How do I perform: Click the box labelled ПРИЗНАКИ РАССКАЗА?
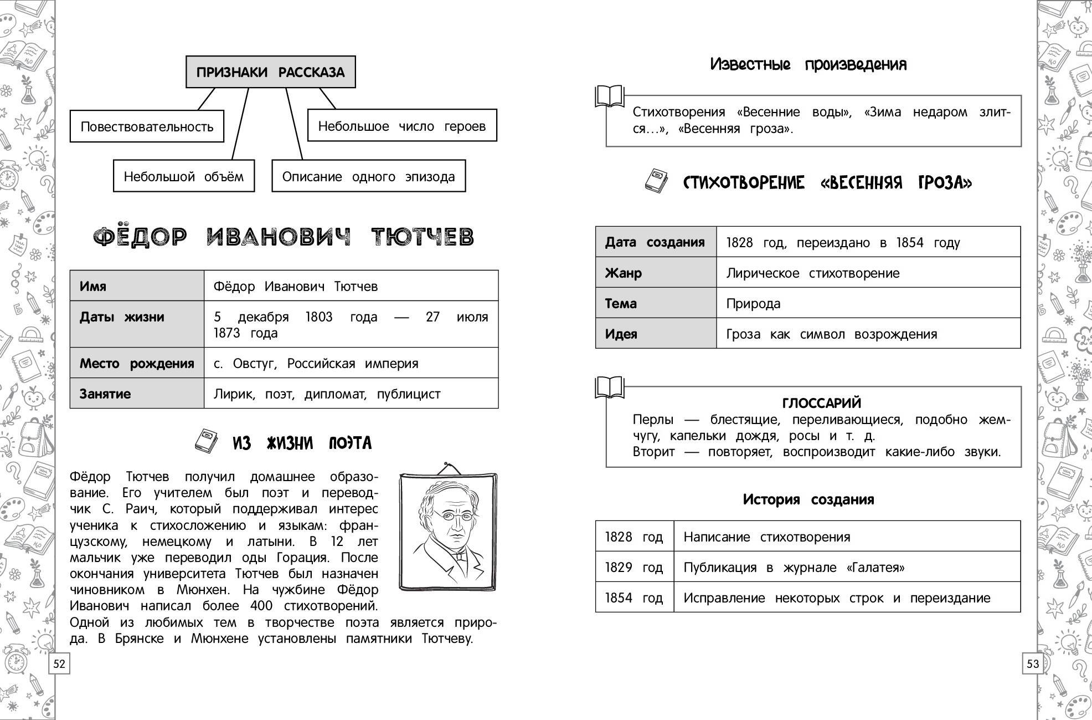[x=270, y=72]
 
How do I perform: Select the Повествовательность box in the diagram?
[x=147, y=126]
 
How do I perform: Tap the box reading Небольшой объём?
[x=183, y=176]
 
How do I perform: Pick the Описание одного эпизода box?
[x=368, y=176]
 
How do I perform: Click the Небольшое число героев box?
[x=401, y=126]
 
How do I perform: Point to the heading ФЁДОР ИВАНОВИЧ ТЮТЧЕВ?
[x=284, y=237]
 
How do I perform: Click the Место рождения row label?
[x=137, y=363]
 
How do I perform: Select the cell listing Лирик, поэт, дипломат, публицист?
[x=351, y=394]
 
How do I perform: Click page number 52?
[x=59, y=663]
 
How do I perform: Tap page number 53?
[x=1033, y=663]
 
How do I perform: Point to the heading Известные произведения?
[x=808, y=64]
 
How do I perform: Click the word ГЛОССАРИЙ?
[x=821, y=403]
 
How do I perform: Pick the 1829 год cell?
[x=634, y=567]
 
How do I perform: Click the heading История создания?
[x=808, y=499]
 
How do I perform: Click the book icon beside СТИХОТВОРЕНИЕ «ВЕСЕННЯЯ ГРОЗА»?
[x=657, y=181]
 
